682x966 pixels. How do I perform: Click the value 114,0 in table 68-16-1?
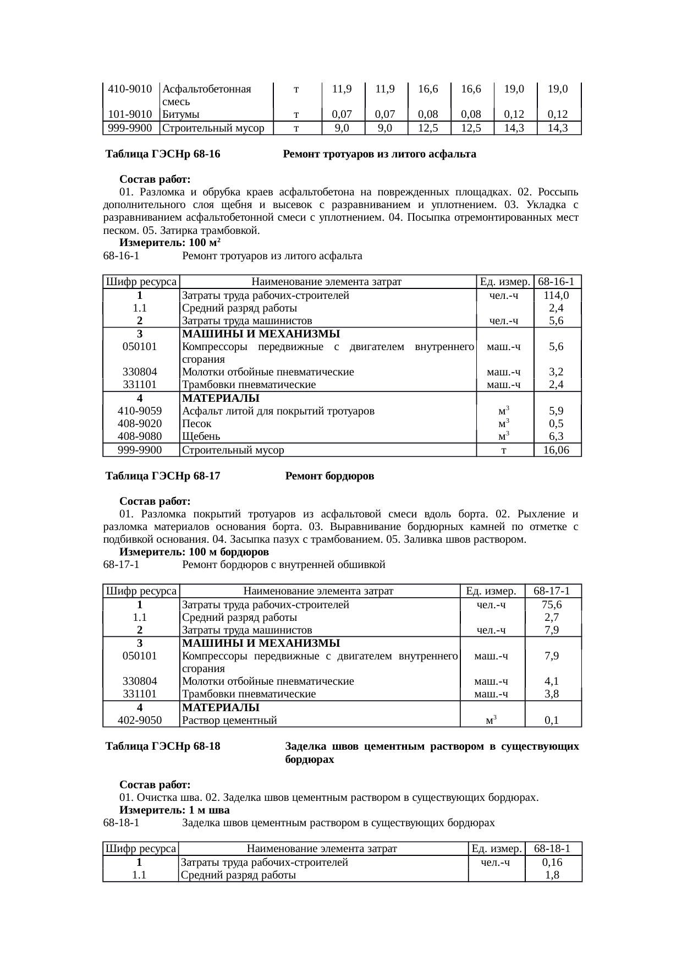pyautogui.click(x=557, y=296)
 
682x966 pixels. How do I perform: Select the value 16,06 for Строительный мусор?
pyautogui.click(x=557, y=450)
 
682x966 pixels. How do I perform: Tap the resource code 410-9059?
pyautogui.click(x=140, y=411)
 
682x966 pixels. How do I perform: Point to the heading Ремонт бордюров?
pyautogui.click(x=329, y=476)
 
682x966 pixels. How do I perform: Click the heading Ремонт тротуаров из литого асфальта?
pyautogui.click(x=379, y=155)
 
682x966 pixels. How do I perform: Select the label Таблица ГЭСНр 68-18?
pyautogui.click(x=163, y=746)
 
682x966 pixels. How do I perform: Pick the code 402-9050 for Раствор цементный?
pyautogui.click(x=140, y=721)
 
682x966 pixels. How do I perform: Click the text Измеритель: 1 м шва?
pyautogui.click(x=174, y=810)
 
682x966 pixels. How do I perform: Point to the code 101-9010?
pyautogui.click(x=130, y=115)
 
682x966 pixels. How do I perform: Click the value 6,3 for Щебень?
pyautogui.click(x=557, y=437)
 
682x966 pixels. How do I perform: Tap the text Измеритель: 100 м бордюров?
pyautogui.click(x=194, y=552)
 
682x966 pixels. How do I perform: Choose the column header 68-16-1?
pyautogui.click(x=557, y=282)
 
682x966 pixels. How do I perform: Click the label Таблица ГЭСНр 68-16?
pyautogui.click(x=163, y=155)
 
